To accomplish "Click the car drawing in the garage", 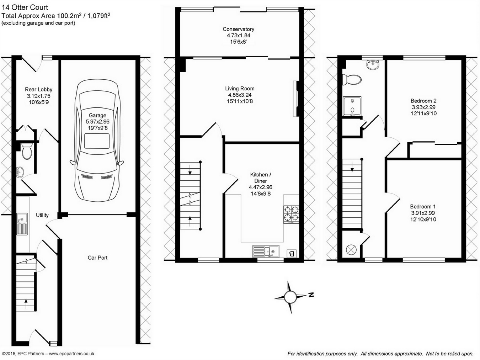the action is [97, 140].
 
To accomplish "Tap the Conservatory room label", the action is [238, 29].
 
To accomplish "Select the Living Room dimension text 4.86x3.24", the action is [240, 95].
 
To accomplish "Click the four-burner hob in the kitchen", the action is [291, 215].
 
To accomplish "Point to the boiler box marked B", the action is [292, 254].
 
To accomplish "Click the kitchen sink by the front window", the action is [266, 251].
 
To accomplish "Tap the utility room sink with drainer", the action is [22, 224].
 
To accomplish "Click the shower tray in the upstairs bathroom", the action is [352, 106].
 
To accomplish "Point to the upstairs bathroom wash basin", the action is [373, 64].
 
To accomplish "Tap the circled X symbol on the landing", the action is [351, 250].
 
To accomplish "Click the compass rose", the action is [290, 297].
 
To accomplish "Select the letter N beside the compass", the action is [311, 295].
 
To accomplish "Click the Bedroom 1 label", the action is [423, 206].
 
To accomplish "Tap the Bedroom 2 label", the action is [423, 101].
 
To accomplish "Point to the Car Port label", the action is [97, 258].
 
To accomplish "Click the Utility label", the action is [42, 215].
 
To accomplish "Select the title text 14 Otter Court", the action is [25, 7].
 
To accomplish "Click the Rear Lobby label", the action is [38, 89].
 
